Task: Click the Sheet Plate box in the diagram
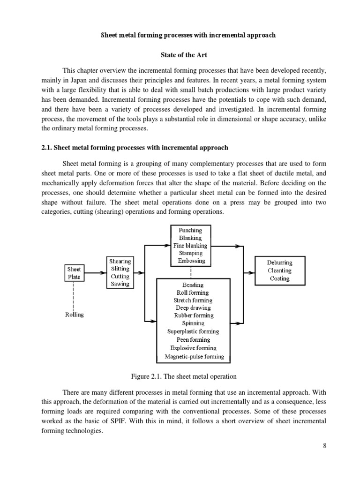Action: pyautogui.click(x=74, y=273)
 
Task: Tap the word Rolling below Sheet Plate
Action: pyautogui.click(x=74, y=315)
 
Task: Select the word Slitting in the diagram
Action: pyautogui.click(x=120, y=269)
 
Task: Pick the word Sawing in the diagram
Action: pyautogui.click(x=120, y=284)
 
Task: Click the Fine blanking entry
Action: pyautogui.click(x=190, y=246)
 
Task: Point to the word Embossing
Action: pyautogui.click(x=191, y=261)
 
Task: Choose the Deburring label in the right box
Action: pyautogui.click(x=279, y=262)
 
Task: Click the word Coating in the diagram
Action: pyautogui.click(x=279, y=278)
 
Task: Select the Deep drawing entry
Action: pyautogui.click(x=193, y=308)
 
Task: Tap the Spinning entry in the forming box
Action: pyautogui.click(x=193, y=323)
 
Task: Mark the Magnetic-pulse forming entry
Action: pyautogui.click(x=195, y=357)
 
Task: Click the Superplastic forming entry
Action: pyautogui.click(x=193, y=331)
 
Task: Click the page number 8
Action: pyautogui.click(x=324, y=459)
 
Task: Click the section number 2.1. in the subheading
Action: pyautogui.click(x=47, y=147)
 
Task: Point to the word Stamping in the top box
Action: pyautogui.click(x=190, y=254)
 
